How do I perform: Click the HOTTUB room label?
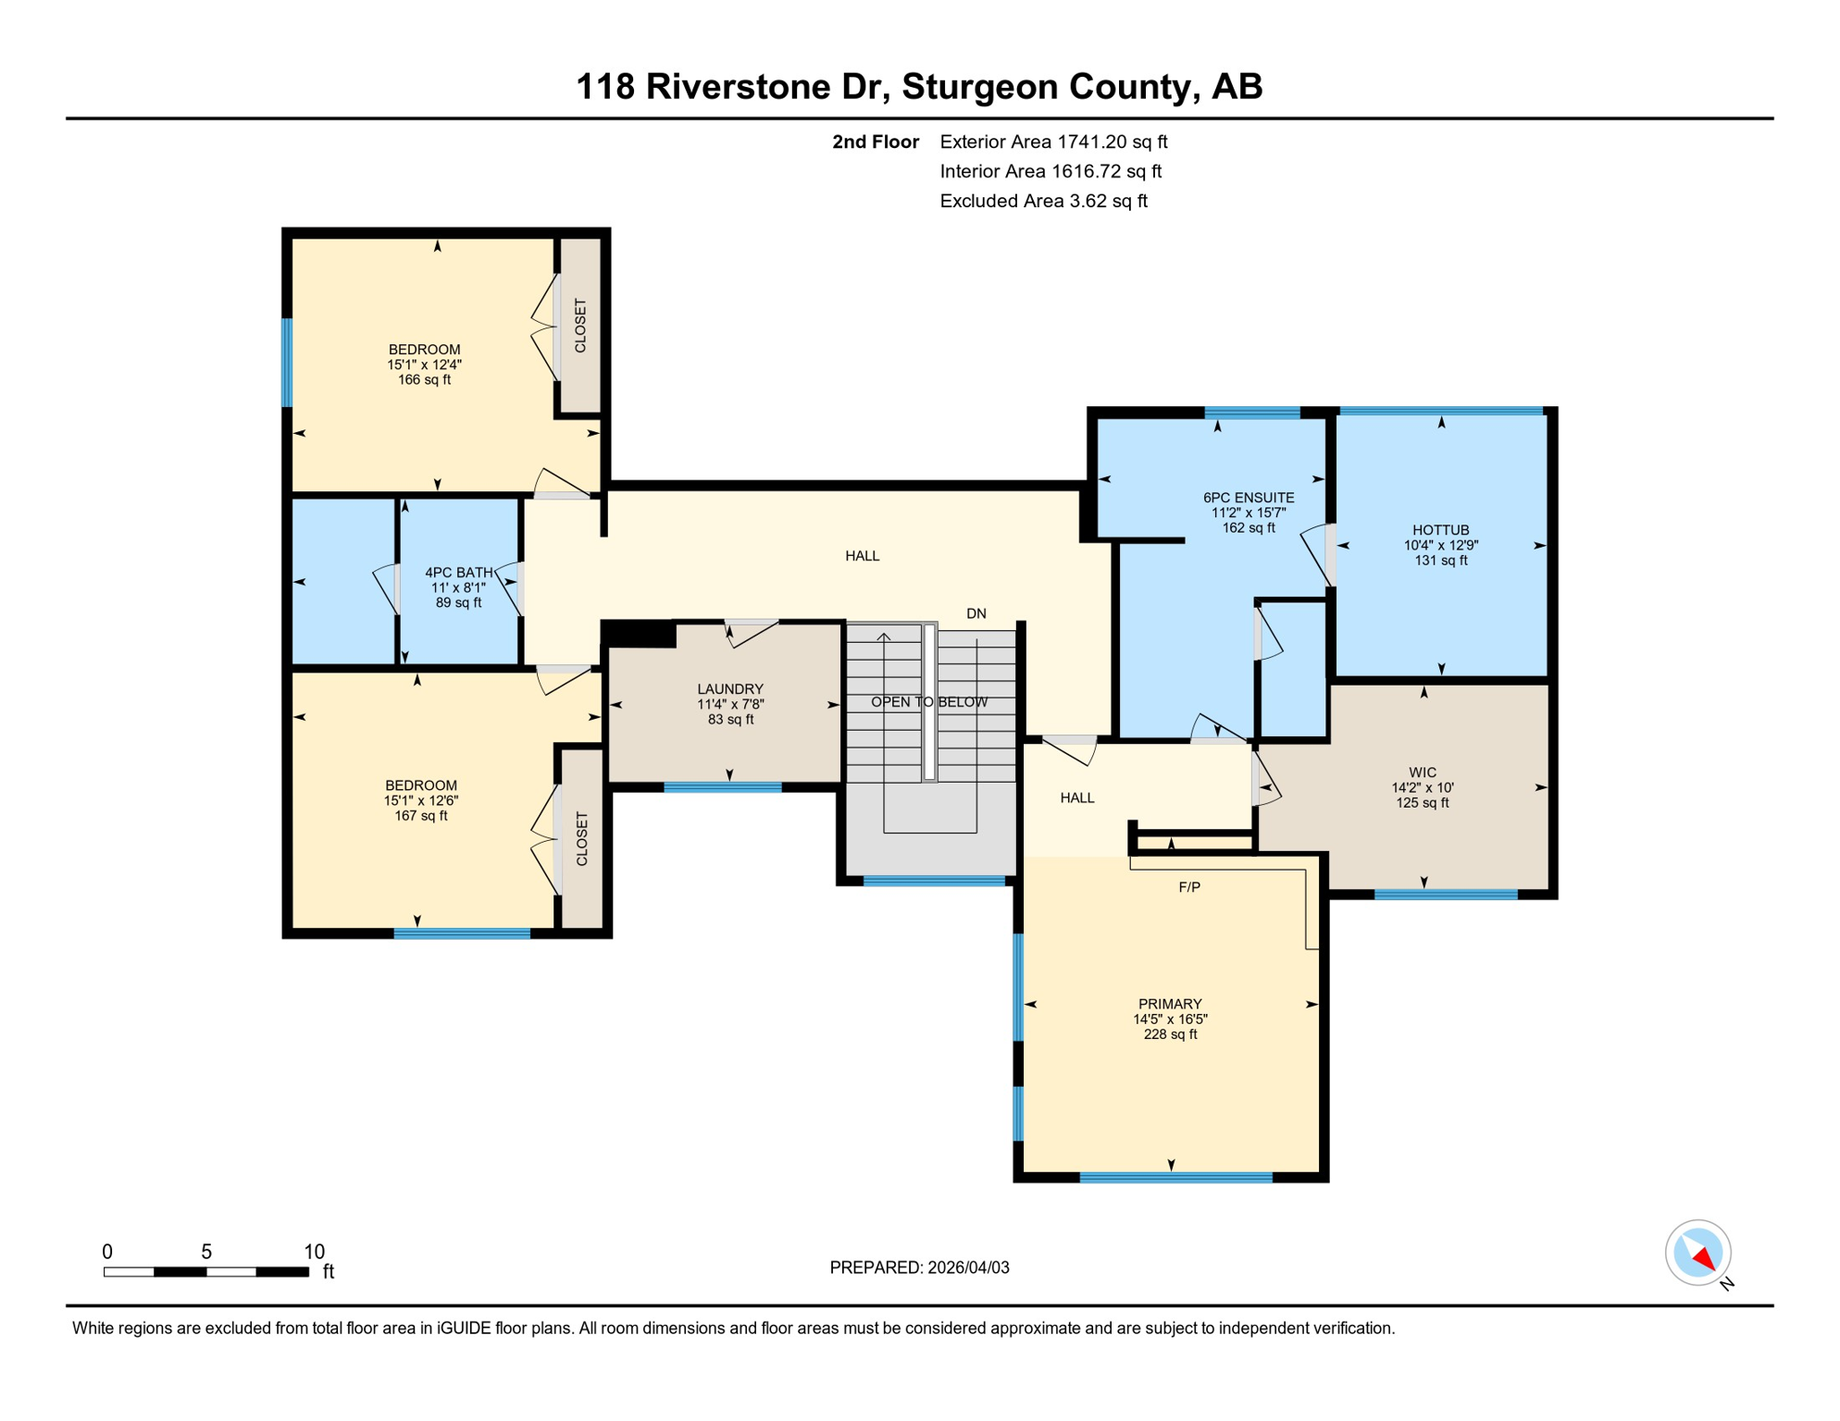pos(1440,530)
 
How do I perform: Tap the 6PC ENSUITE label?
pos(1248,498)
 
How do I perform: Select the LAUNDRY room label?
pos(730,689)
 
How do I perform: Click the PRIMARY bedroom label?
pos(1170,1004)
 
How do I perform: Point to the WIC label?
pos(1423,772)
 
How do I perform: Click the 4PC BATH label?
pos(458,573)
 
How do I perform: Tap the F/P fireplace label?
pos(1189,887)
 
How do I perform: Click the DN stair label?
pos(976,613)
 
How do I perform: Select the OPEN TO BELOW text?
pos(928,702)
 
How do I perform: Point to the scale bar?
pos(205,1272)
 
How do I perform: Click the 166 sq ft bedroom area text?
pos(424,380)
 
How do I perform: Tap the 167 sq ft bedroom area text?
pos(421,816)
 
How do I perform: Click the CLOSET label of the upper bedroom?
pos(580,326)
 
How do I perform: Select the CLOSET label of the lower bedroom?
pos(582,839)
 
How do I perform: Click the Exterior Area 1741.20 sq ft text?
pos(1053,142)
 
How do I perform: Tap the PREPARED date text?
pos(919,1267)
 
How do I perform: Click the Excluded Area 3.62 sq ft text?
pos(1043,201)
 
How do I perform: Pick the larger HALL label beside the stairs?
pos(862,556)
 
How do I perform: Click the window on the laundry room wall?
pos(723,787)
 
